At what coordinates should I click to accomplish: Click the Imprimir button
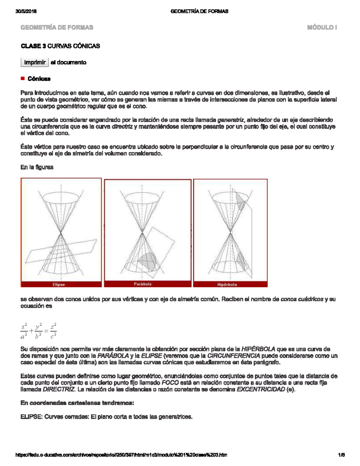(34, 62)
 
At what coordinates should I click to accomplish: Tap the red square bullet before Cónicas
(22, 79)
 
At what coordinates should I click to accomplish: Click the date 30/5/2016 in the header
(26, 11)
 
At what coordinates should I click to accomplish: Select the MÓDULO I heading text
(322, 28)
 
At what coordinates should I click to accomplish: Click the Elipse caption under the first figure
(59, 284)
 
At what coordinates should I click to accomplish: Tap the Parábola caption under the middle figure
(142, 284)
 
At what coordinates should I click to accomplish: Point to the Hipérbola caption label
(227, 284)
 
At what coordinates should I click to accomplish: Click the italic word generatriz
(231, 120)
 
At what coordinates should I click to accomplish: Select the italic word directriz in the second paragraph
(122, 127)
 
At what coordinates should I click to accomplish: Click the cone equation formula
(38, 331)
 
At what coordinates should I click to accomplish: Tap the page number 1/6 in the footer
(341, 455)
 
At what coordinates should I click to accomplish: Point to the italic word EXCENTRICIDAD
(261, 389)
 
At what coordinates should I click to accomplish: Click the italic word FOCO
(170, 383)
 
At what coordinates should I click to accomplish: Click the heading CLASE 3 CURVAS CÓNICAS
(60, 46)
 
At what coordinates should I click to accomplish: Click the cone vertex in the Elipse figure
(61, 232)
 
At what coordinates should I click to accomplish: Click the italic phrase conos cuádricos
(302, 299)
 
